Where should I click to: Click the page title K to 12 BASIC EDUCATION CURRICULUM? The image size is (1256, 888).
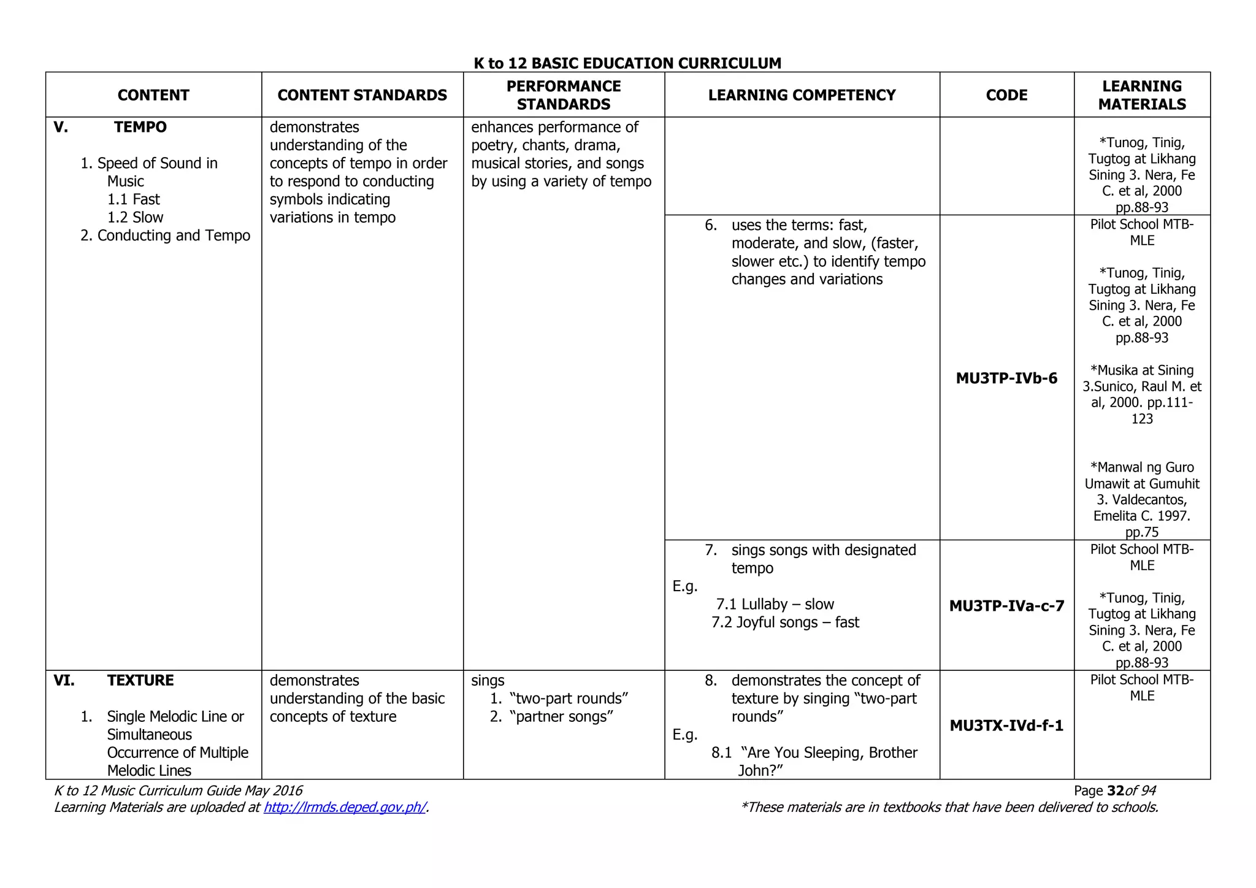pyautogui.click(x=627, y=63)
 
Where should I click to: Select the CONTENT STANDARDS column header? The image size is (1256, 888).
pyautogui.click(x=362, y=95)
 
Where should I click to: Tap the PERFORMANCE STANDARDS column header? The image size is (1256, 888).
pyautogui.click(x=563, y=95)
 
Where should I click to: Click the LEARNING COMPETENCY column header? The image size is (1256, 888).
pyautogui.click(x=802, y=95)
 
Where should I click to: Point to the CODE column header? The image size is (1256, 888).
pyautogui.click(x=1006, y=95)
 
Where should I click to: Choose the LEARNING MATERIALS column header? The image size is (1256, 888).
pyautogui.click(x=1141, y=95)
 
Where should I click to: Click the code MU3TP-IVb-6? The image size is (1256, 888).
pyautogui.click(x=1006, y=378)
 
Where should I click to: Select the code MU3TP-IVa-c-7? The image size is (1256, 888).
pyautogui.click(x=1006, y=607)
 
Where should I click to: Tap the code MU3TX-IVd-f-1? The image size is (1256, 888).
pyautogui.click(x=1006, y=726)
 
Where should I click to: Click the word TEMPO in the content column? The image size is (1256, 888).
pyautogui.click(x=140, y=128)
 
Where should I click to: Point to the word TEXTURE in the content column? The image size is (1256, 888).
pyautogui.click(x=140, y=681)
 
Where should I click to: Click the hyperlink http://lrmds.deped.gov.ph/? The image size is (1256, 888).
pyautogui.click(x=345, y=808)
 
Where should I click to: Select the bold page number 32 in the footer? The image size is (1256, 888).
pyautogui.click(x=1116, y=791)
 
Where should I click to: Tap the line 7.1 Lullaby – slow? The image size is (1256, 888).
pyautogui.click(x=775, y=605)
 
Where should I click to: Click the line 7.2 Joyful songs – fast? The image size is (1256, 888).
pyautogui.click(x=785, y=622)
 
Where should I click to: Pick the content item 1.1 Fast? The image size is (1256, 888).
pyautogui.click(x=133, y=200)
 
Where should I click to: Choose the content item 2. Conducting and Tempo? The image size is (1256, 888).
pyautogui.click(x=165, y=236)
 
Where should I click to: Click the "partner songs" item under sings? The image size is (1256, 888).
pyautogui.click(x=560, y=717)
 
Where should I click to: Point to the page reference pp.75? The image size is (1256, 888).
pyautogui.click(x=1141, y=532)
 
